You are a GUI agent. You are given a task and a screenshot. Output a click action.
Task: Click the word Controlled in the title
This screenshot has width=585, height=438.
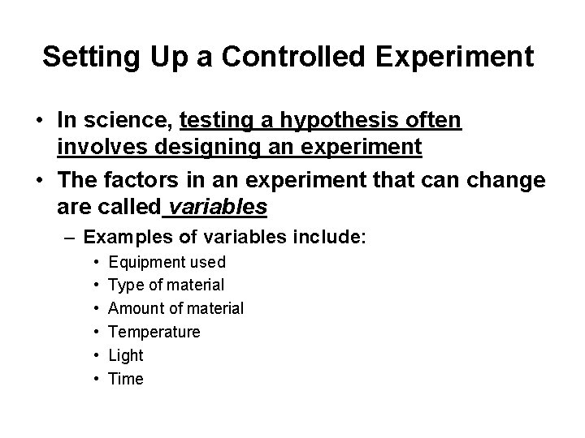click(266, 57)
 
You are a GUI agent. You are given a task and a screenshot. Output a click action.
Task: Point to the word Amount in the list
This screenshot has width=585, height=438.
click(137, 308)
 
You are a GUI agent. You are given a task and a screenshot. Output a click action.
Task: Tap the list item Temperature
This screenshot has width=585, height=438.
click(154, 332)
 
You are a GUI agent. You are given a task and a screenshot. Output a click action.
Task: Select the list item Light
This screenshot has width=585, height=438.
click(125, 355)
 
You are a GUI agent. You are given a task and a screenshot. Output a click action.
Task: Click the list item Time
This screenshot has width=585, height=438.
click(125, 379)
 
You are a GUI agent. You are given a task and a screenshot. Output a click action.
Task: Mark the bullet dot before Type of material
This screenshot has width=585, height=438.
click(97, 286)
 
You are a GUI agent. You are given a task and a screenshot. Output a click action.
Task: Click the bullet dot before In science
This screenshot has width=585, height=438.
click(39, 122)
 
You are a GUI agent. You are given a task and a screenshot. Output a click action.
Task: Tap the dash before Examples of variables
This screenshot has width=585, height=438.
click(71, 238)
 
